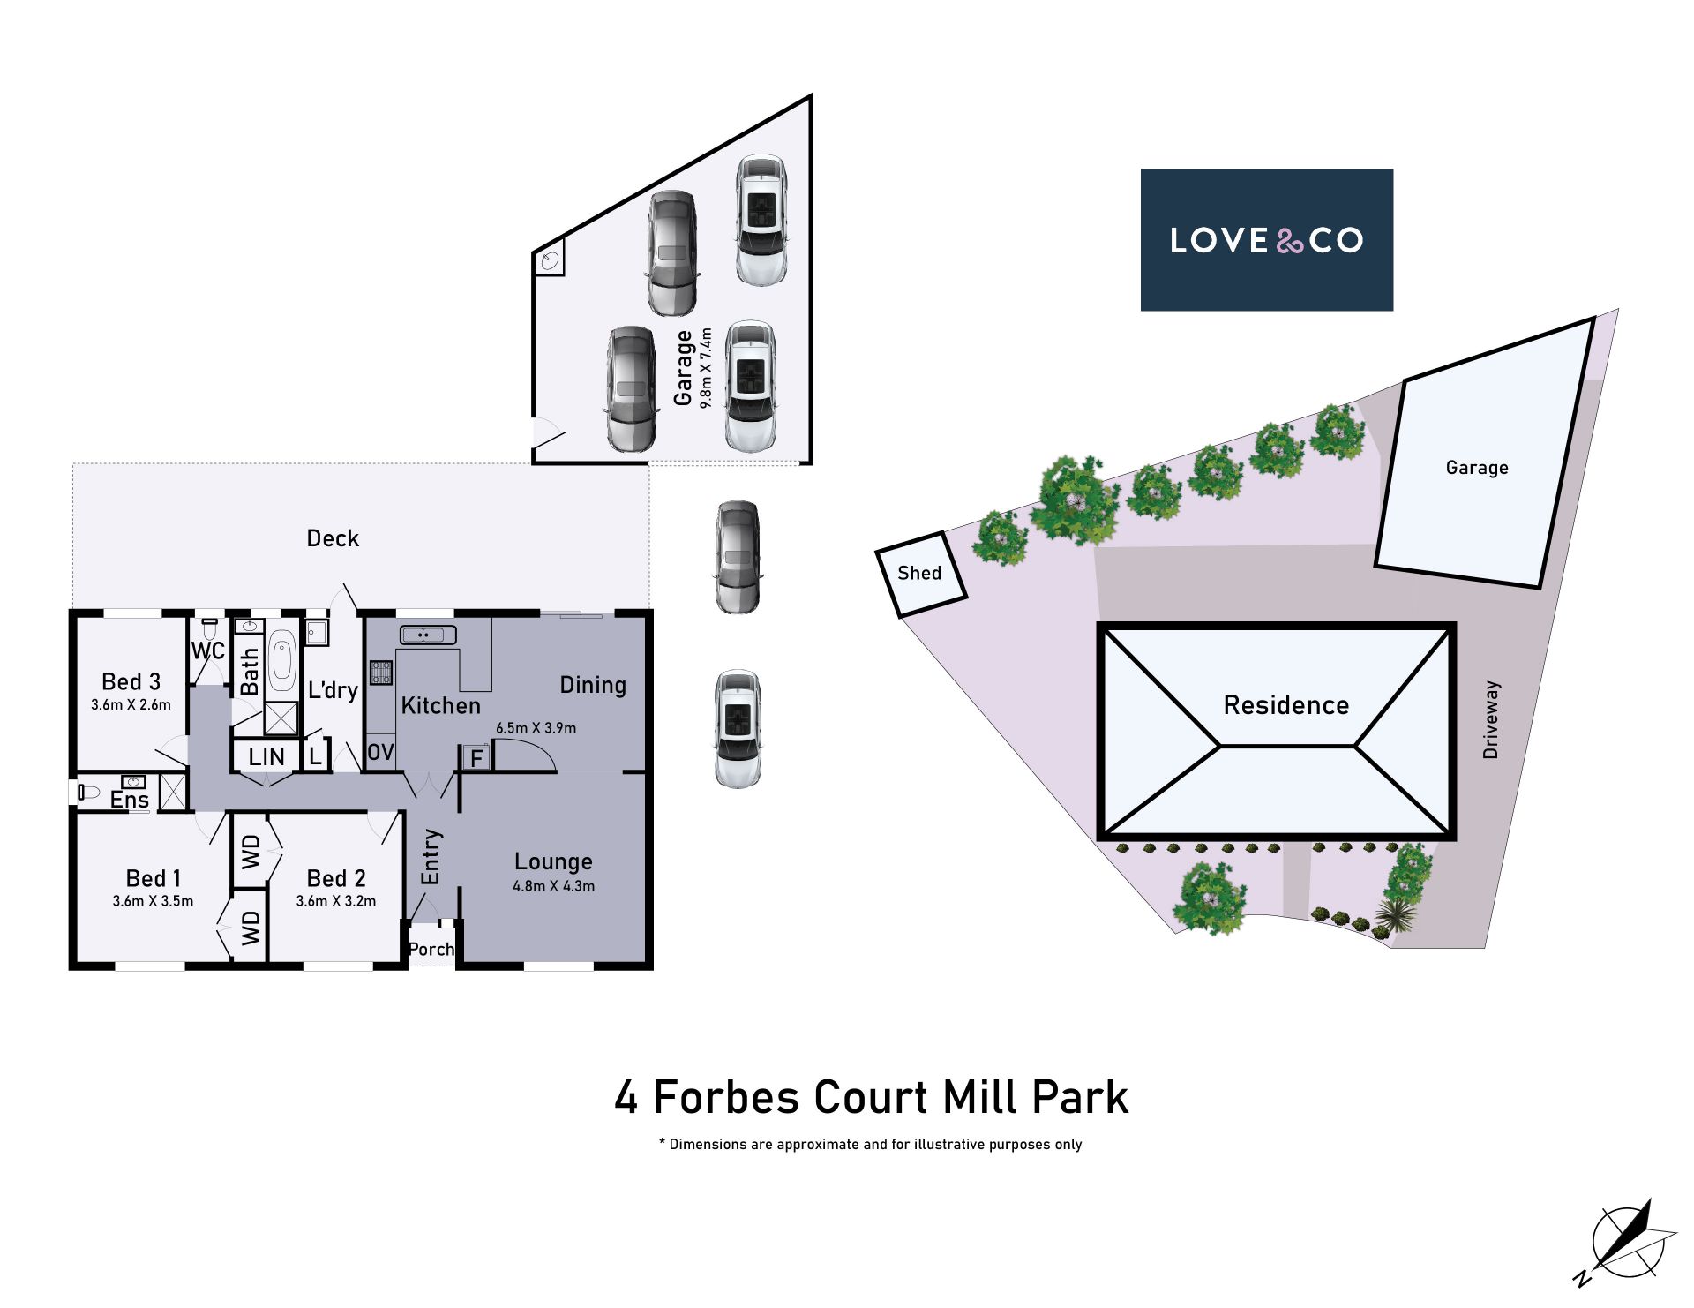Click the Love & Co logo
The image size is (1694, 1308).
coord(1266,240)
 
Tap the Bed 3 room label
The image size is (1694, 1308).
coord(131,681)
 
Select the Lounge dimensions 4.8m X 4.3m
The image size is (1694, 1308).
coord(554,886)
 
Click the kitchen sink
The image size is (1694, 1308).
coord(428,635)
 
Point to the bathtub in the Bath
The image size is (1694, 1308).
coord(281,661)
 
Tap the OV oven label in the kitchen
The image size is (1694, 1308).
coord(380,752)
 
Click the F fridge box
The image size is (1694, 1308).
coord(476,758)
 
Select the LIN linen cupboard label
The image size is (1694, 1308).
coord(266,757)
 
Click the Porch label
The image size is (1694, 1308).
coord(431,950)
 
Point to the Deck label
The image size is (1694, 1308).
coord(333,538)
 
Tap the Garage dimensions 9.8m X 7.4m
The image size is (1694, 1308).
coord(706,368)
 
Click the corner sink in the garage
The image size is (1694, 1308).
coord(550,259)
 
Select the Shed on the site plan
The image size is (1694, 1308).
coord(921,574)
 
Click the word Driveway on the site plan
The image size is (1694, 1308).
coord(1491,719)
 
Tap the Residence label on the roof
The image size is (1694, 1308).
coord(1286,705)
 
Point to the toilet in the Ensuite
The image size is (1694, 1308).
coord(88,792)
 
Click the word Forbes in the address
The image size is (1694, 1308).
coord(726,1097)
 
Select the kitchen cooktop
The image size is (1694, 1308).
coord(381,673)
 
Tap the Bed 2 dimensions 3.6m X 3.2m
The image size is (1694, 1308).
coord(336,901)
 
